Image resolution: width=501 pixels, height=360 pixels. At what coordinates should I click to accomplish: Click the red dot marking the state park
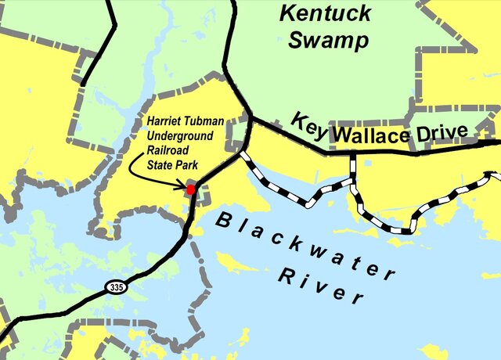click(190, 189)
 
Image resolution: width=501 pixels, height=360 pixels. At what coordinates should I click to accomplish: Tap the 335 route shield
click(116, 287)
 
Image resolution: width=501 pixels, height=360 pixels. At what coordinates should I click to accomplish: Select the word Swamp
click(327, 40)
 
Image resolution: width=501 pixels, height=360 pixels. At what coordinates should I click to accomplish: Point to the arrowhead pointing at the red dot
click(184, 186)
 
